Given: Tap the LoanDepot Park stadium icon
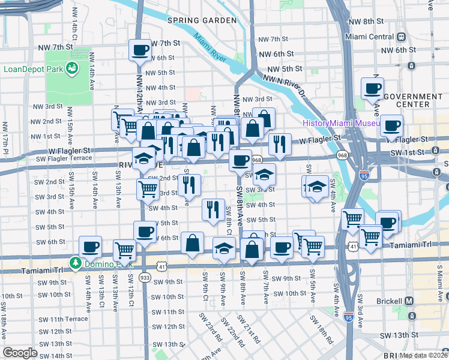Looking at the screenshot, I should pyautogui.click(x=73, y=68).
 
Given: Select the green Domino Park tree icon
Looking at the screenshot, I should pyautogui.click(x=76, y=263).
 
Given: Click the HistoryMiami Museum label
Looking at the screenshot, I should pyautogui.click(x=341, y=123).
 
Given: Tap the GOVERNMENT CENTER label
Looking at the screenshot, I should pyautogui.click(x=413, y=100).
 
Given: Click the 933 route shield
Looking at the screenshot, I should pyautogui.click(x=144, y=278).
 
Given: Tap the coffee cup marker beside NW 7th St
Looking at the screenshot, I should pyautogui.click(x=140, y=50).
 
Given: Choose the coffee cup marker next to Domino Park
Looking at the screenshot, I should pyautogui.click(x=91, y=247).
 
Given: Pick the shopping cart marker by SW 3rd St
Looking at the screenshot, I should pyautogui.click(x=148, y=190).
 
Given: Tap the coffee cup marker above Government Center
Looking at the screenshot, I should pyautogui.click(x=372, y=89).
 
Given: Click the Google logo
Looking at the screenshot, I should pyautogui.click(x=20, y=353).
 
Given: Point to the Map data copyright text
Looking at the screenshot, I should pyautogui.click(x=423, y=355).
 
